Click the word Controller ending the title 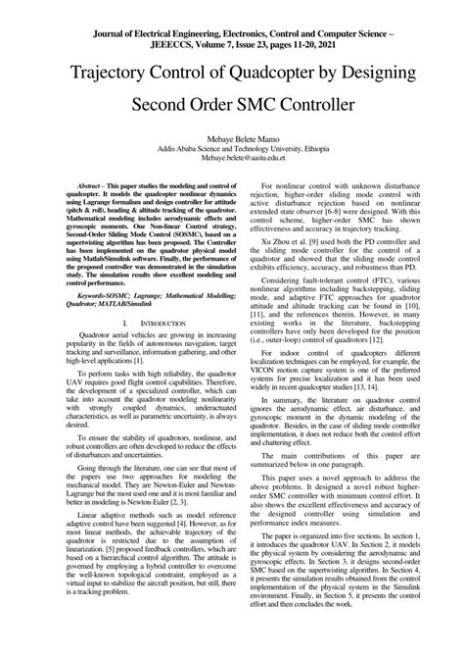tap(329, 102)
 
